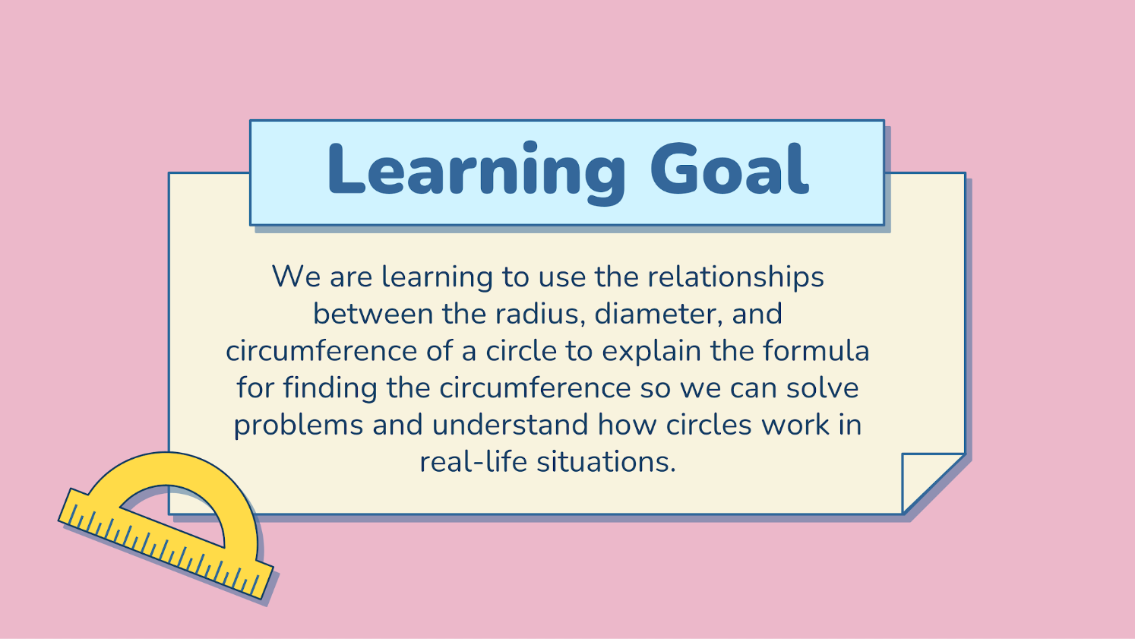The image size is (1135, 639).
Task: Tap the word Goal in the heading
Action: pyautogui.click(x=729, y=169)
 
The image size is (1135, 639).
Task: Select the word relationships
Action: pyautogui.click(x=735, y=277)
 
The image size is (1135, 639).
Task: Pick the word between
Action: pyautogui.click(x=373, y=314)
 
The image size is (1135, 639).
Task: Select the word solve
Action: pyautogui.click(x=822, y=388)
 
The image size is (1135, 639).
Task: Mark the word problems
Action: pyautogui.click(x=298, y=425)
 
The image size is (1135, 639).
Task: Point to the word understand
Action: pyautogui.click(x=510, y=425)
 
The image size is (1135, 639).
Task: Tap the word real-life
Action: pyautogui.click(x=473, y=462)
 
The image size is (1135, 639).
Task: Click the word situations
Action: pyautogui.click(x=606, y=462)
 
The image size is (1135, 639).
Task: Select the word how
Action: pyautogui.click(x=627, y=425)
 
